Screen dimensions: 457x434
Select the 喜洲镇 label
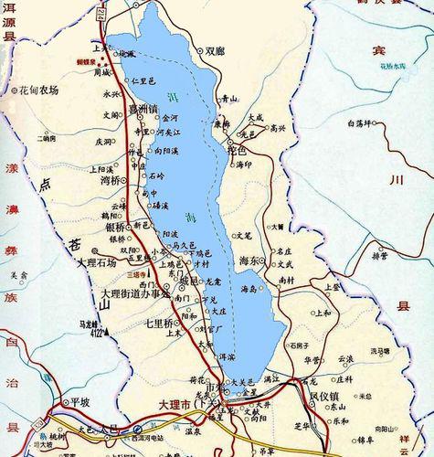[x=143, y=109]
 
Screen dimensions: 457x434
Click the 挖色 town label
[x=237, y=149]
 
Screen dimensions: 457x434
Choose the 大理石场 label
[x=98, y=262]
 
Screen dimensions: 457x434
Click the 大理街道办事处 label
[x=135, y=293]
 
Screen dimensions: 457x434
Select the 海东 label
[x=250, y=260]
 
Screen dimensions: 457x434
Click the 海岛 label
[x=249, y=289]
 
